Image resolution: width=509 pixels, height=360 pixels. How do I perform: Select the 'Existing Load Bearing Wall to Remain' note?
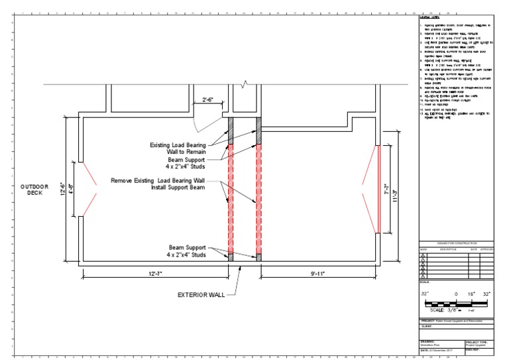(187, 148)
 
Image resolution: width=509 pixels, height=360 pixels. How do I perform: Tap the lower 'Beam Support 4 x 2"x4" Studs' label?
(186, 251)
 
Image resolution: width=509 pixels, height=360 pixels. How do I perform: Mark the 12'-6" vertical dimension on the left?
(63, 190)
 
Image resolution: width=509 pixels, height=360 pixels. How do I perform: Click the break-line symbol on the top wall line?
(245, 84)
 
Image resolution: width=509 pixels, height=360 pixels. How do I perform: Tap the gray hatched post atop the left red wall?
(231, 131)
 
